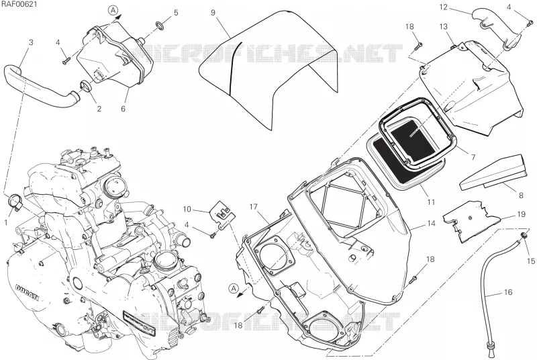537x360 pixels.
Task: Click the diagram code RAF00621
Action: [x=19, y=4]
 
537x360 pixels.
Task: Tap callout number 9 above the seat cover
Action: [x=213, y=13]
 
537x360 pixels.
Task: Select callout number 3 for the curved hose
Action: [x=31, y=42]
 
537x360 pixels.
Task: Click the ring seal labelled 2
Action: [x=86, y=87]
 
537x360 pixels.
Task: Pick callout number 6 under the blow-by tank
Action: [x=123, y=109]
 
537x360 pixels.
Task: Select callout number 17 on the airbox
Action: [x=253, y=207]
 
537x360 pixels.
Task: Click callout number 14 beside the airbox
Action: [x=431, y=224]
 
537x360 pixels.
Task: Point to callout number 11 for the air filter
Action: [x=431, y=202]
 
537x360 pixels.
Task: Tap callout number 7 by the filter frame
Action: [x=473, y=157]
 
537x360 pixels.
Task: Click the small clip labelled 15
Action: [x=524, y=235]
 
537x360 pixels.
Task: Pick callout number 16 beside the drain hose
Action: [x=508, y=292]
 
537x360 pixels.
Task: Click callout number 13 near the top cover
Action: [x=444, y=26]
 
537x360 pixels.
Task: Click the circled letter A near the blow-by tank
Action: [x=113, y=10]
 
